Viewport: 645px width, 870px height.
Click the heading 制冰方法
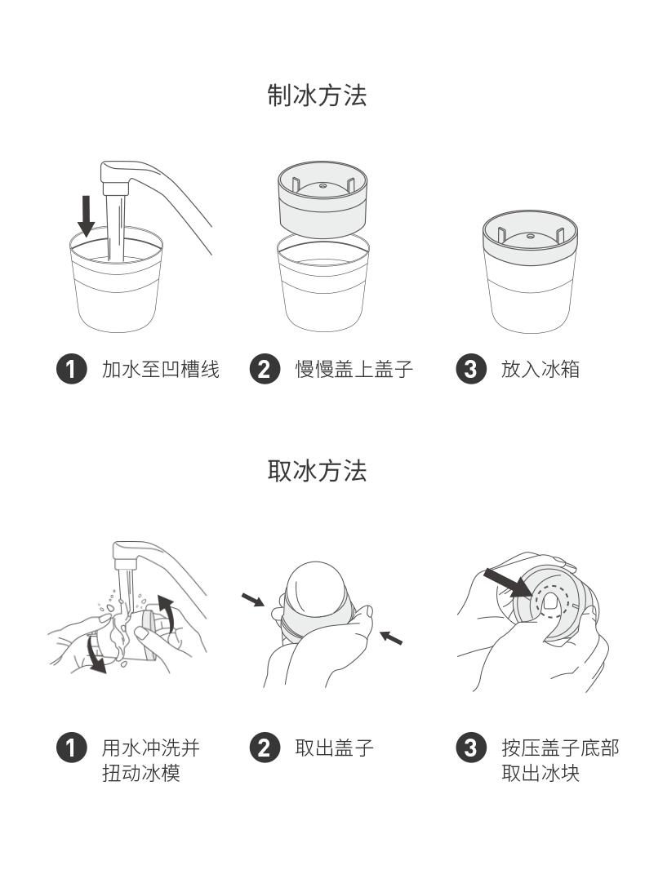318,95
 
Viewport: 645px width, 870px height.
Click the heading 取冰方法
318,471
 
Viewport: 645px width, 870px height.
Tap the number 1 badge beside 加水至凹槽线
71,369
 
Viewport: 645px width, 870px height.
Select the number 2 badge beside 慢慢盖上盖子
265,369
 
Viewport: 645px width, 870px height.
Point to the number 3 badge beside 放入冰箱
470,369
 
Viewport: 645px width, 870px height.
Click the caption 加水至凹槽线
161,369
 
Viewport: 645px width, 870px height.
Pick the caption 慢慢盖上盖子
354,369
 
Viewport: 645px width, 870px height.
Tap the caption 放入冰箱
540,369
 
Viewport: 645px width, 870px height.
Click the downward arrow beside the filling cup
86,215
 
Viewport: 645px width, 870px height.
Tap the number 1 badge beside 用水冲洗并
71,747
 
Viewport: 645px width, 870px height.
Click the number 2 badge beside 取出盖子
265,747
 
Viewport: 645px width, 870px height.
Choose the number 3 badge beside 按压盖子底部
470,747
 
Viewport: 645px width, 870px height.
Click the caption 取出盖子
334,747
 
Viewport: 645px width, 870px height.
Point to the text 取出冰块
540,772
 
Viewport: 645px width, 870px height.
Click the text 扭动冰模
140,772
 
